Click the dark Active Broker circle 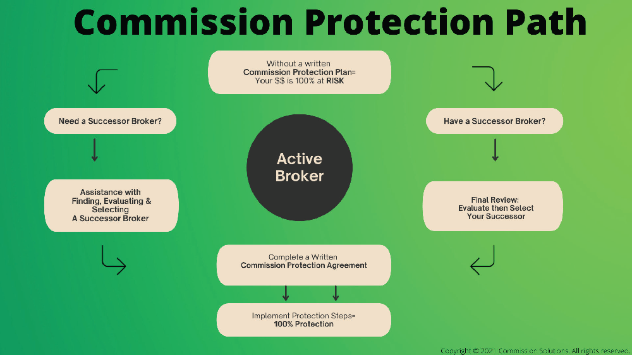(x=300, y=167)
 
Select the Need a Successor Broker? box (x=110, y=121)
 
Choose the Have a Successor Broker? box (x=494, y=121)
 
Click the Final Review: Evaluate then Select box (x=492, y=207)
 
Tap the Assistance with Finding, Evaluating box (x=111, y=205)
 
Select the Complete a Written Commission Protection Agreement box (x=303, y=261)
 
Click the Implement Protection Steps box (x=303, y=320)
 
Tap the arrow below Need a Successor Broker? (x=95, y=150)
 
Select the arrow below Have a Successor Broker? (x=495, y=150)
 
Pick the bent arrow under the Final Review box (x=483, y=261)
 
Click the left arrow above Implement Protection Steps (x=286, y=293)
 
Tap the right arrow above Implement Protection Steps (x=336, y=293)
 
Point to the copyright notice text (x=535, y=351)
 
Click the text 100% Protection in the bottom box (x=303, y=324)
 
